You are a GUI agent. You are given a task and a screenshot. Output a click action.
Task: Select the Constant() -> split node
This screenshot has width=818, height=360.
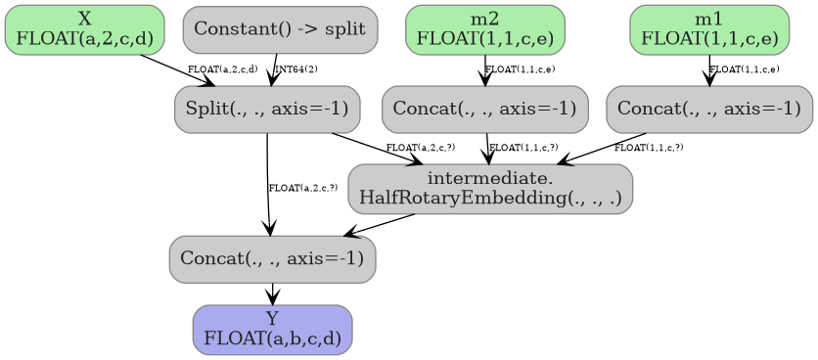tap(280, 29)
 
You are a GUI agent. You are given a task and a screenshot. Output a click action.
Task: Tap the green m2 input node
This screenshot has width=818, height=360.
tap(484, 29)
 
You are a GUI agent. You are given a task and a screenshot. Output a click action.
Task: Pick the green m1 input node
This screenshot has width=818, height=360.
tap(708, 29)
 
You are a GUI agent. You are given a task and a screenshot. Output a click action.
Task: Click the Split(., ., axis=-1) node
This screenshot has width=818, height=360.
tap(267, 109)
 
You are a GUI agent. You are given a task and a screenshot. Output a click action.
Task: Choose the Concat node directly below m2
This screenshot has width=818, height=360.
tap(484, 109)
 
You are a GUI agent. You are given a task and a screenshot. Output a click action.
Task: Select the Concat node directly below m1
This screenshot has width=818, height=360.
tap(708, 109)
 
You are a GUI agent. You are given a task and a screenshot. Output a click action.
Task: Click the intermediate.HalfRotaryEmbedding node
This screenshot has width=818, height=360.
tap(490, 189)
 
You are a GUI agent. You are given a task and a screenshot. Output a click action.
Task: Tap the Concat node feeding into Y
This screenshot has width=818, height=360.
tap(272, 259)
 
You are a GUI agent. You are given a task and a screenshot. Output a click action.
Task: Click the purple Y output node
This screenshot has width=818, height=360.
tap(272, 330)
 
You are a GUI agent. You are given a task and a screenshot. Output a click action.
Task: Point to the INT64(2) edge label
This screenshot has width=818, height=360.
tap(296, 69)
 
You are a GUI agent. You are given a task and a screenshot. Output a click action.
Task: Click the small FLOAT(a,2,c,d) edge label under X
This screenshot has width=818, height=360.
tap(222, 69)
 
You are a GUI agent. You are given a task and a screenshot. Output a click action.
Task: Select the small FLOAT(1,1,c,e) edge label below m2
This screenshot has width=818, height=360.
tap(521, 69)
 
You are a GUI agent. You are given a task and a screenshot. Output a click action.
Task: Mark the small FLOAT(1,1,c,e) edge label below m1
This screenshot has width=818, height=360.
tap(745, 69)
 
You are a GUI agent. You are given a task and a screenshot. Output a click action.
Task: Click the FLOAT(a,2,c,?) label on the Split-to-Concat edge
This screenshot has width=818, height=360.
tap(302, 187)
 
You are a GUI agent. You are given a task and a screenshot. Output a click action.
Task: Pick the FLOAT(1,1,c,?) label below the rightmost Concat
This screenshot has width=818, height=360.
tap(649, 148)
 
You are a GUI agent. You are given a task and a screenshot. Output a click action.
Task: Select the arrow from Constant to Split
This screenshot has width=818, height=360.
tap(275, 69)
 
